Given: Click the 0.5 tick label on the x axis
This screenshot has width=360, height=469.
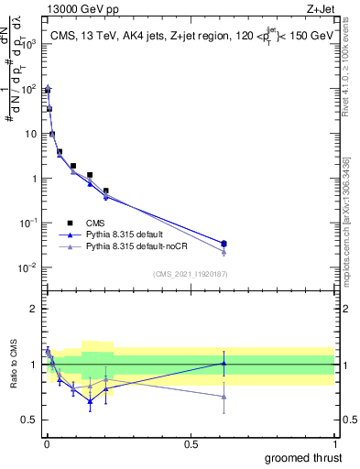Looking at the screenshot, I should click(191, 444).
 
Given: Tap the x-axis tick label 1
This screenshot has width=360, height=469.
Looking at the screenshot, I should click(335, 444).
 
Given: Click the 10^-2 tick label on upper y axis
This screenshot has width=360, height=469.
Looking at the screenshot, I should click(27, 267).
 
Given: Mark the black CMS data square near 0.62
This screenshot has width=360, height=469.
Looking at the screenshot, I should click(224, 244).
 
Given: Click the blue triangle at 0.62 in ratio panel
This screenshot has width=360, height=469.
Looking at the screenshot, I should click(224, 363).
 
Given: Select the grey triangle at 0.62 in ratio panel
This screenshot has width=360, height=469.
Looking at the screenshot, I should click(224, 396).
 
